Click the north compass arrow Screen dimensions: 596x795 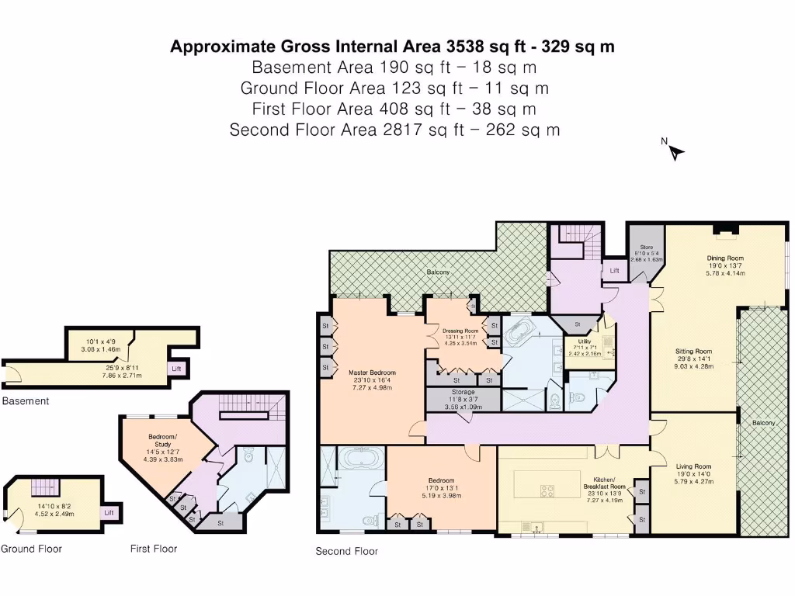[x=675, y=152]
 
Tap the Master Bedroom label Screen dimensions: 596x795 [x=372, y=372]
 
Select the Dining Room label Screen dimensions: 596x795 [x=724, y=258]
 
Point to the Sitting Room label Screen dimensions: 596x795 [x=693, y=351]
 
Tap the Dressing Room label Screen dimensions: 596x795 [x=461, y=331]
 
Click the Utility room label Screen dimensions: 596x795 [x=585, y=341]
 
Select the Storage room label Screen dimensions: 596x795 [x=463, y=393]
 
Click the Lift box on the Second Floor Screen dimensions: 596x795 [x=614, y=271]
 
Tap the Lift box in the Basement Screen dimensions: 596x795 [x=178, y=369]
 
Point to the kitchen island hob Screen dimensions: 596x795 [x=547, y=490]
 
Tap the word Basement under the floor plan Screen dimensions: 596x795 [x=26, y=401]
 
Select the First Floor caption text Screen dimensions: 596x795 [x=153, y=549]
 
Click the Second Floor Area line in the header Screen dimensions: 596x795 [x=394, y=130]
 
